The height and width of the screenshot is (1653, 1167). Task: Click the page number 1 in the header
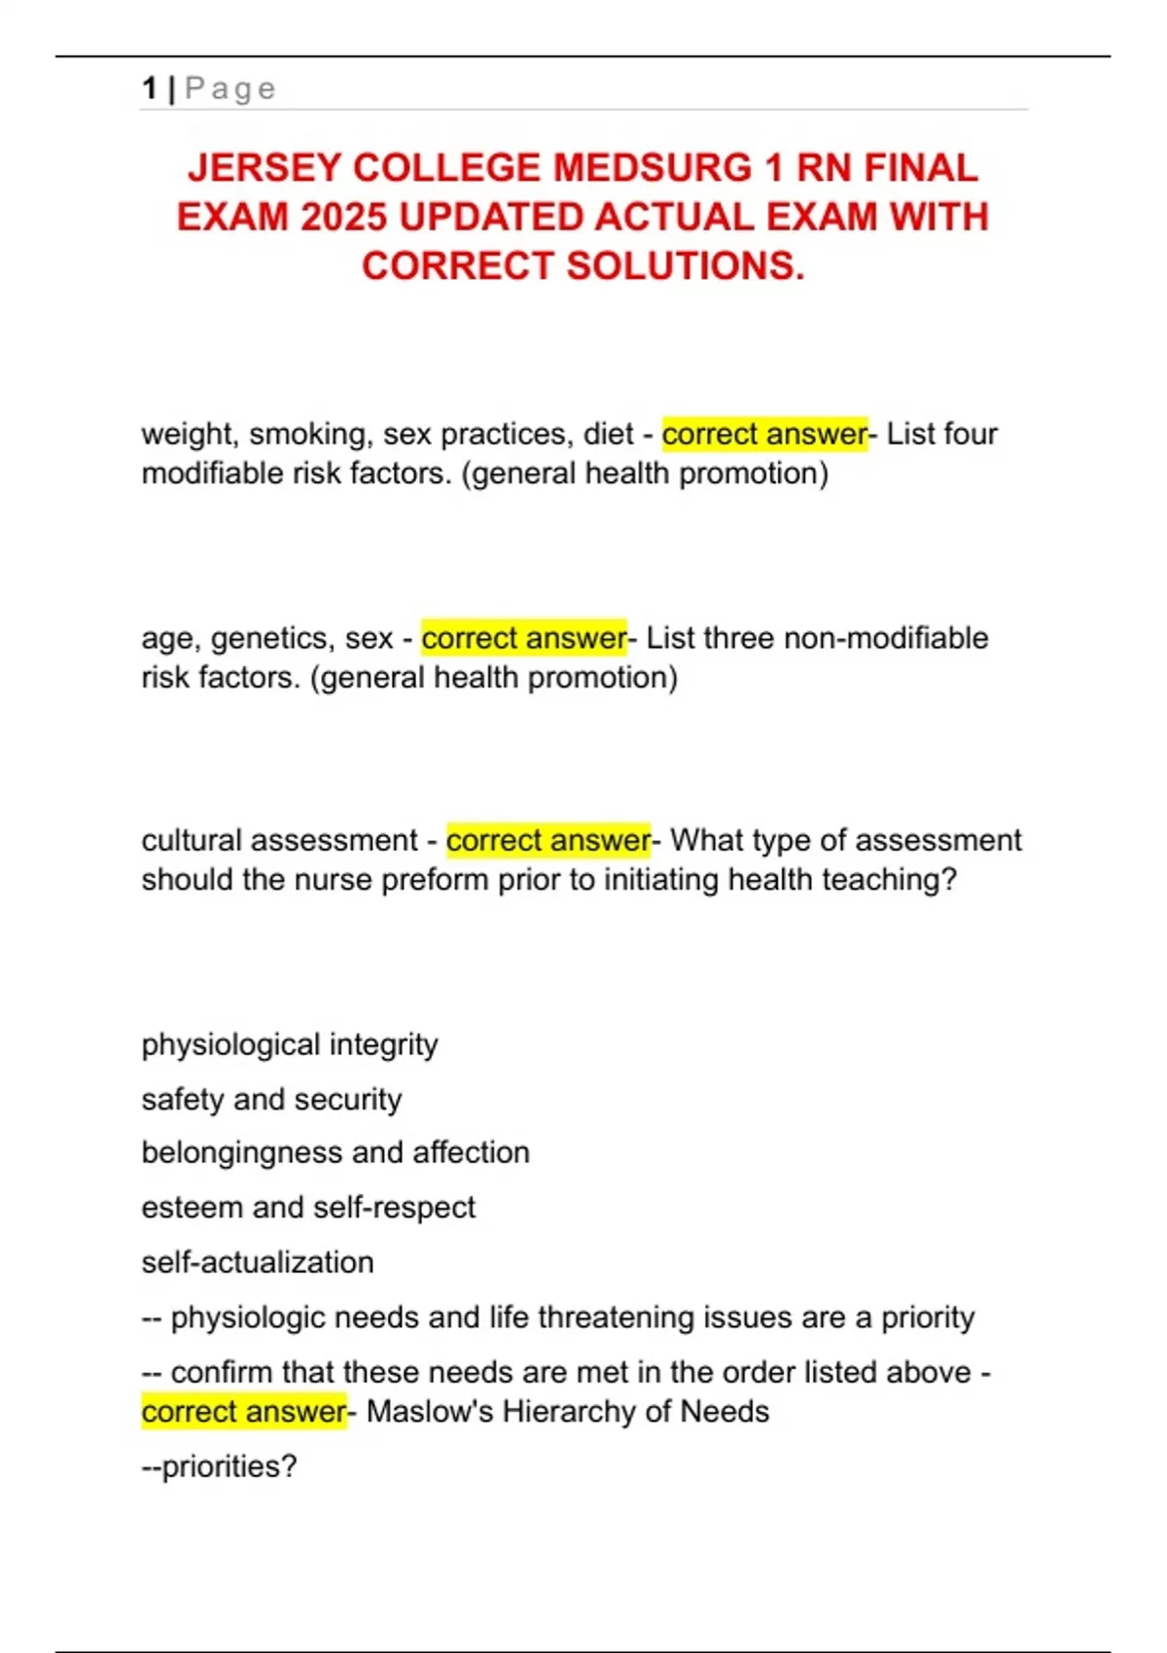point(149,88)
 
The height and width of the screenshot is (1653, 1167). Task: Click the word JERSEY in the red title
point(265,168)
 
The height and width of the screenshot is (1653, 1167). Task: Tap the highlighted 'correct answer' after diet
point(763,434)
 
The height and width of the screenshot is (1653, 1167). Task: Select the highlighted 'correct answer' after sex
point(523,638)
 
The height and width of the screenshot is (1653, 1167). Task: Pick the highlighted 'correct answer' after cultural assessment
point(548,840)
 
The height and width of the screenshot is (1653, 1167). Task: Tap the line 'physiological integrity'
point(290,1044)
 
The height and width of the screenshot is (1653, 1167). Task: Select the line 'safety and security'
point(271,1099)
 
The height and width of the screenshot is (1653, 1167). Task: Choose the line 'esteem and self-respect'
point(308,1207)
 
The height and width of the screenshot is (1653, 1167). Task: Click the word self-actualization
point(258,1262)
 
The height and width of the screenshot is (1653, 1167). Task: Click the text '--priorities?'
point(219,1465)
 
